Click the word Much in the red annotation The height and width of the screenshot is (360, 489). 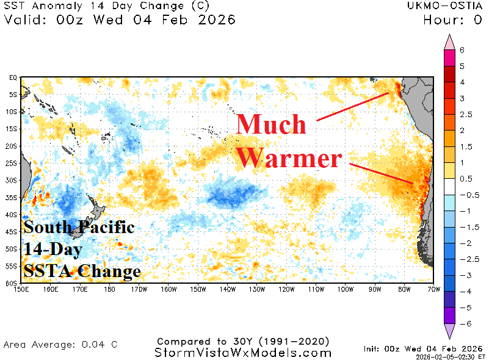coord(272,124)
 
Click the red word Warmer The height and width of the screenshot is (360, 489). coord(289,159)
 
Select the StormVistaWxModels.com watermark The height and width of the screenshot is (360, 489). coord(243,353)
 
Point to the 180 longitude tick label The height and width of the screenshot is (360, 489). coord(109,289)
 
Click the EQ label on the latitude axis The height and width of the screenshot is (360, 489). coord(12,78)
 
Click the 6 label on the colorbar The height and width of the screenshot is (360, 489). coord(462,50)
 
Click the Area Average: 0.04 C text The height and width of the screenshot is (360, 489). coord(60,345)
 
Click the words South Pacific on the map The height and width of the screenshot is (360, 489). coord(79,228)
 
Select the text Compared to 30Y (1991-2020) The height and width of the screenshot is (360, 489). coord(243,341)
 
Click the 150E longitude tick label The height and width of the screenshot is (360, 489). coord(21,289)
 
